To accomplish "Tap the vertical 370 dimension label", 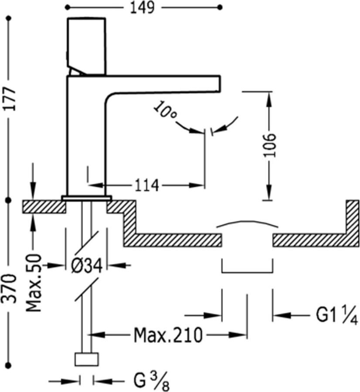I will pos(9,289).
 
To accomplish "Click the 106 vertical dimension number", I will pos(270,145).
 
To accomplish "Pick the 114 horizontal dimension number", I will pos(146,186).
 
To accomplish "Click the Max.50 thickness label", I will pos(34,283).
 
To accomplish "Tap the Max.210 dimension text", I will pos(168,335).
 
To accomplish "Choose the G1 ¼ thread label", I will pos(336,315).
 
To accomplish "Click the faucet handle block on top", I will pos(87,45).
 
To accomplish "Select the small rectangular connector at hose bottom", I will pos(87,359).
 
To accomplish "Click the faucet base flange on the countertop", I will pos(87,198).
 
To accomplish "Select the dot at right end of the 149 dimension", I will pos(220,7).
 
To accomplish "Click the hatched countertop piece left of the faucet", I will pos(44,206).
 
